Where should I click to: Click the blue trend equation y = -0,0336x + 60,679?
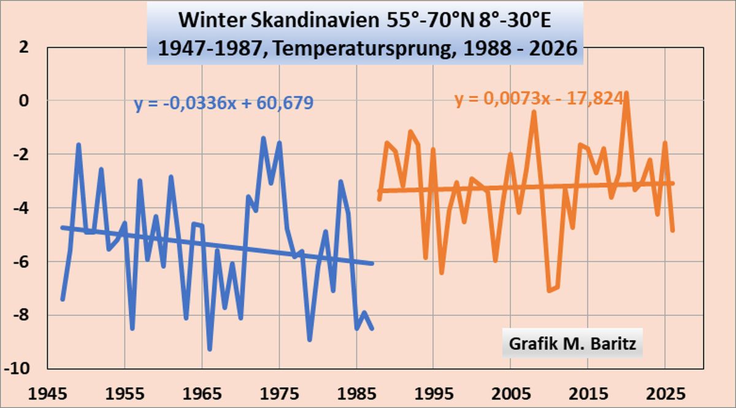coord(224,102)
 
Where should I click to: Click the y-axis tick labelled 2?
coord(24,47)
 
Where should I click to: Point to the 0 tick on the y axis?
coord(24,100)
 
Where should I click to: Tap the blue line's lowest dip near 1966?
coord(210,348)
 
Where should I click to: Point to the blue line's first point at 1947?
coord(63,299)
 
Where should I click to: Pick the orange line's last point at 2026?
coord(672,230)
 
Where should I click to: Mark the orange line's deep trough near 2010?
coord(550,290)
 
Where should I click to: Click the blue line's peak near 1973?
coord(264,139)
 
